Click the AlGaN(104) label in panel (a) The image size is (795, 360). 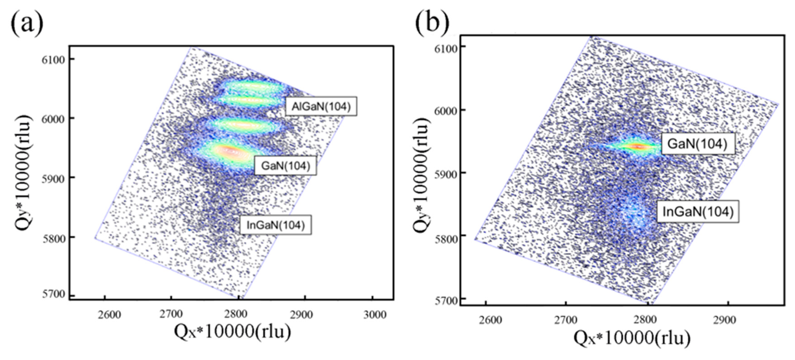coord(321,107)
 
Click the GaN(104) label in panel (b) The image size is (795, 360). coord(697,144)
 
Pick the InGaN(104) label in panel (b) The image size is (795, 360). coord(697,212)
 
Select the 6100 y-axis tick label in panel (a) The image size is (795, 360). coord(53,60)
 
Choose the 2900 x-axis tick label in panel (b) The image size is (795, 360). coord(724,320)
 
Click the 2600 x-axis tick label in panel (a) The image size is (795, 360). coord(109,315)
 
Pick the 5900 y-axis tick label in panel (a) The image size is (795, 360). coord(53,178)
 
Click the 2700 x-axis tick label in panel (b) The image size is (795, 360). coord(565,320)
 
